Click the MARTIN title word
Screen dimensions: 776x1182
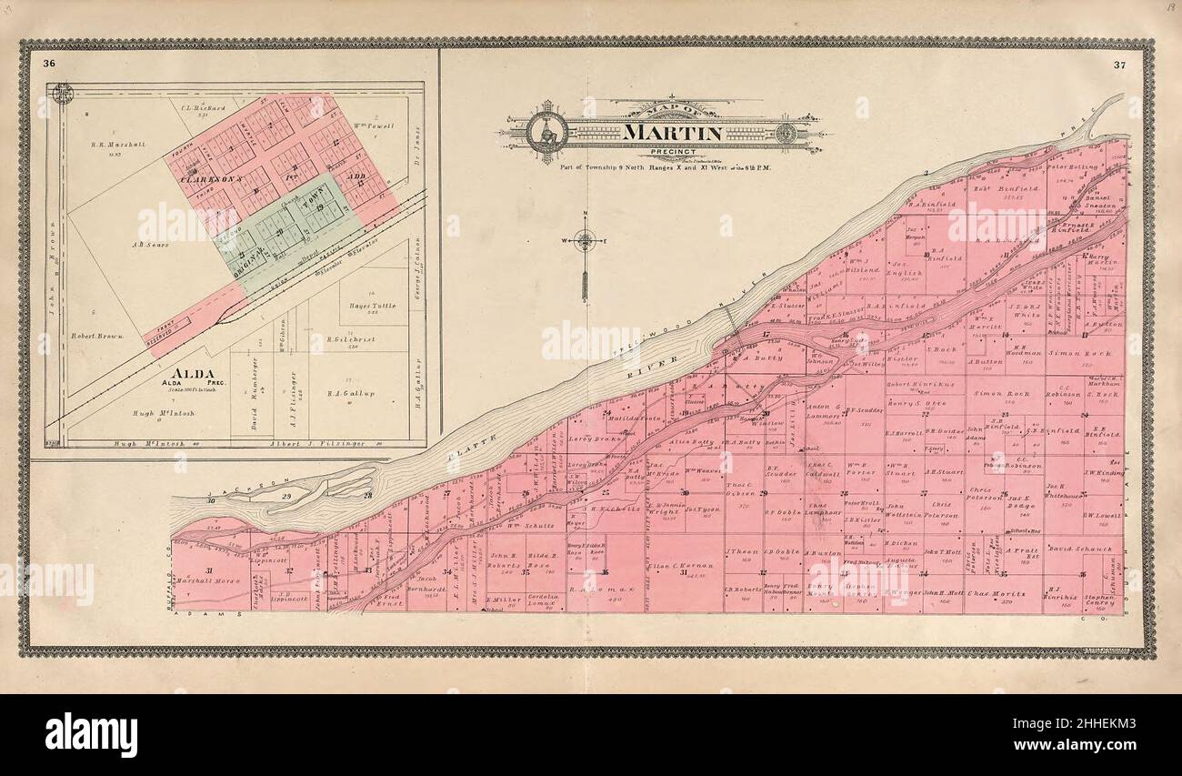coord(672,133)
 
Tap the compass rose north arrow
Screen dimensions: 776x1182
coord(585,242)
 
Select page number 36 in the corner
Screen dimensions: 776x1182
coord(48,62)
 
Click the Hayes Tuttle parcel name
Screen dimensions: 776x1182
coord(373,306)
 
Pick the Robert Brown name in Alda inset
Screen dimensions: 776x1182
coord(96,336)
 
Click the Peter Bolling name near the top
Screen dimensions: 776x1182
coord(1071,166)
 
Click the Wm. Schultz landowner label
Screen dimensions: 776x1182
coord(531,525)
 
